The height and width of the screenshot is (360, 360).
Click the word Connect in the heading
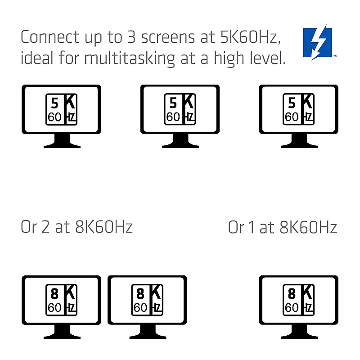50,37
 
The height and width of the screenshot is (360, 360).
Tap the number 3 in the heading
131,37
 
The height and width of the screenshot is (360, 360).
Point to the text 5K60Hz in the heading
249,37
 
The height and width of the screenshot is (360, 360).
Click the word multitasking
130,58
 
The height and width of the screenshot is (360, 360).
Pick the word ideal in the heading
37,58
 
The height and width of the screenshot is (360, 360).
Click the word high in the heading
229,58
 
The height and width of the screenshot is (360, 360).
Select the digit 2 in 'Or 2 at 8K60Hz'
45,227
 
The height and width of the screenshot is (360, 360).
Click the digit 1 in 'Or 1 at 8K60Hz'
252,227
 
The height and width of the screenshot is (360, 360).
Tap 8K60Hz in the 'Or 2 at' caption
104,227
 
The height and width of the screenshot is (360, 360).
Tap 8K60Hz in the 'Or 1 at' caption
308,227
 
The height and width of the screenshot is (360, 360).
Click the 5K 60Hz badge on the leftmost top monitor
61,109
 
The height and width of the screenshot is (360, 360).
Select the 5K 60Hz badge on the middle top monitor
180,109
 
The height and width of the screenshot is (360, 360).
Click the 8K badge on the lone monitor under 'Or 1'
298,300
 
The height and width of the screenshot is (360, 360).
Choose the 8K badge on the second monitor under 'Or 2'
147,300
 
